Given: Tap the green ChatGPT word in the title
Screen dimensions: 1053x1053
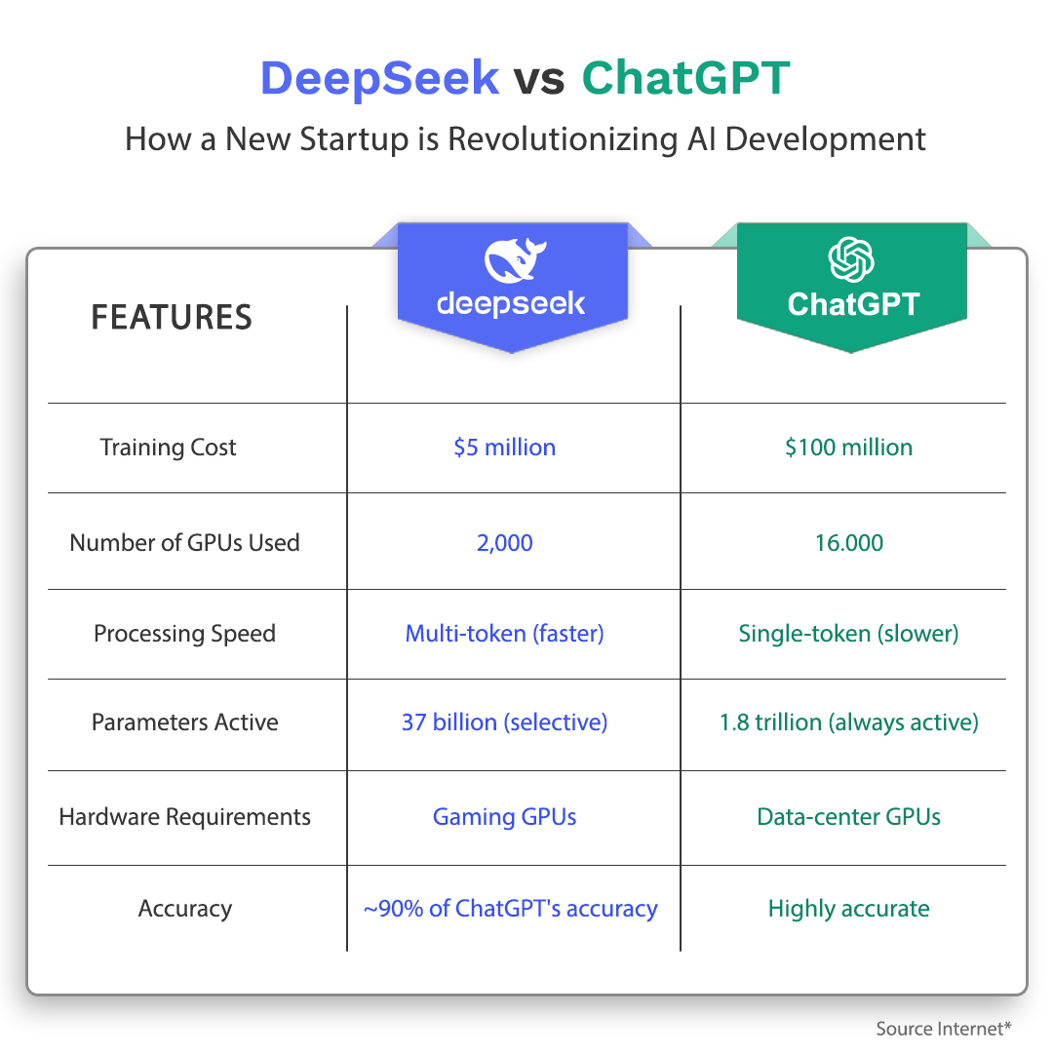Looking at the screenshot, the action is point(685,78).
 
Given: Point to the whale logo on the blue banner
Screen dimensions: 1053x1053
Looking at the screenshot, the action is point(515,260).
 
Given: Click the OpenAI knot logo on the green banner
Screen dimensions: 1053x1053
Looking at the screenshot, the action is point(851,259).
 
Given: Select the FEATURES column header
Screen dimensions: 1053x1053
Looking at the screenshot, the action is point(172,317).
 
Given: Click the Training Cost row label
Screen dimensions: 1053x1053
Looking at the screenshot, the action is point(168,448).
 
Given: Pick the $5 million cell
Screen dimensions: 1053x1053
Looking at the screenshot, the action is point(504,448).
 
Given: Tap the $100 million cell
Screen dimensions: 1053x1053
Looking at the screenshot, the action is point(849,448).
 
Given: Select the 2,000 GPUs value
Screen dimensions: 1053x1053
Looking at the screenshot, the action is point(504,543).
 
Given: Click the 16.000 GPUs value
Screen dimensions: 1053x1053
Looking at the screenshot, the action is point(849,543).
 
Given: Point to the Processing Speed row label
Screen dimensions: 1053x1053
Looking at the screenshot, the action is point(184,634).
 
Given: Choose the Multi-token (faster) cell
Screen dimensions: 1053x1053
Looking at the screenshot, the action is point(504,634).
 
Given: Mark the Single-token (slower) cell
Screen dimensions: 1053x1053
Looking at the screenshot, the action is point(849,634).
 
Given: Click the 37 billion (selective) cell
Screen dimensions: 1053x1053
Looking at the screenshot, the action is point(504,721).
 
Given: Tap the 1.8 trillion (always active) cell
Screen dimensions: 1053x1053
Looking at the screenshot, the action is point(849,722).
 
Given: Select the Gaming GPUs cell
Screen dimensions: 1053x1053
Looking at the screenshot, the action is point(504,817).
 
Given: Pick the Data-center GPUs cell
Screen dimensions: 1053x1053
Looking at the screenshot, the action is point(849,817).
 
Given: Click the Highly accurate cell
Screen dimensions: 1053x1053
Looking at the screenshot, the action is point(849,909).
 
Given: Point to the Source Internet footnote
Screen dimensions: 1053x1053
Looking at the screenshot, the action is point(944,1029).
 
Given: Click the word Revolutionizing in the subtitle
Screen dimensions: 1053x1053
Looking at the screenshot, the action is point(563,139).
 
